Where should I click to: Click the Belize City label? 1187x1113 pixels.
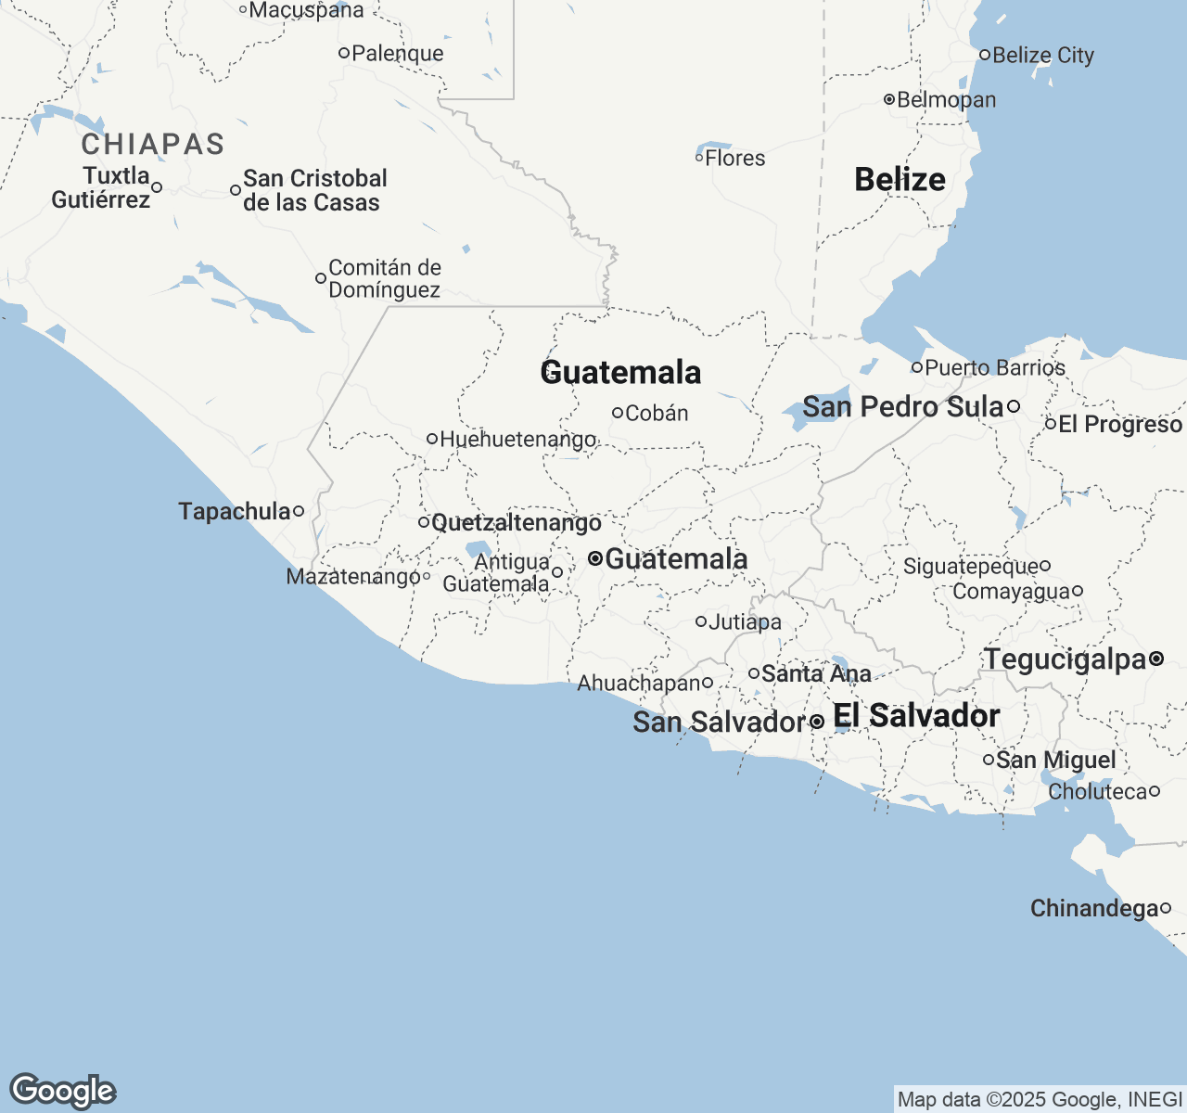coord(1043,56)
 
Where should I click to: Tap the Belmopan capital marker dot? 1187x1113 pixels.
coord(888,99)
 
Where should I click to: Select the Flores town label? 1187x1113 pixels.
coord(735,159)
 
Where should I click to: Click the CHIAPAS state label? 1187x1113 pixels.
coord(153,145)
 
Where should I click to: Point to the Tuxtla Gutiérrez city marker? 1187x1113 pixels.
coord(157,187)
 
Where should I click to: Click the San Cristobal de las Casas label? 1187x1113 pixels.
coord(313,190)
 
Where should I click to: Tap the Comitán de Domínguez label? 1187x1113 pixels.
coord(385,278)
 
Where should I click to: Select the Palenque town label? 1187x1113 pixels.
coord(398,54)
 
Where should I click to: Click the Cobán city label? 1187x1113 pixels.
coord(657,414)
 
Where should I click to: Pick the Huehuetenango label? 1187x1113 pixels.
coord(518,440)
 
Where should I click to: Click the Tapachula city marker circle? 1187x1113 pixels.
coord(299,511)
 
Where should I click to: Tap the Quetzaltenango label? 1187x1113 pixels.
coord(517,523)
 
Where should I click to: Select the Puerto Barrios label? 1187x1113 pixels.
coord(995,368)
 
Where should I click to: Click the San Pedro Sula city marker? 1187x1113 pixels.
coord(1014,406)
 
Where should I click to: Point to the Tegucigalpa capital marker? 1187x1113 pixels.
coord(1156,659)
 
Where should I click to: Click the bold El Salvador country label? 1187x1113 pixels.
coord(916,716)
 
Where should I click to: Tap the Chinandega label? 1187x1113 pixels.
coord(1094,909)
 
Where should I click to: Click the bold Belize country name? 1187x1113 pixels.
coord(900,179)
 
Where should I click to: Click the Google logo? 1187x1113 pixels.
coord(62,1091)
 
